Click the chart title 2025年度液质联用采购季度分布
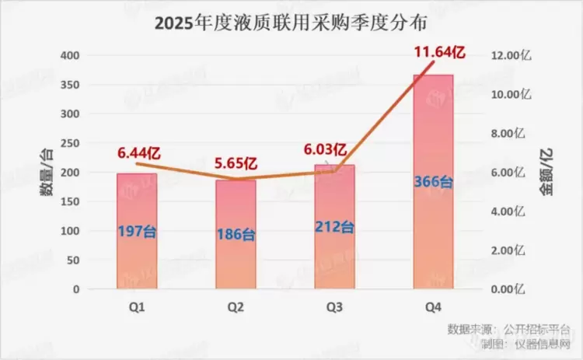coord(291,23)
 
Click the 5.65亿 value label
coord(235,165)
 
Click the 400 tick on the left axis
coord(71,56)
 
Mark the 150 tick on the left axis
coord(71,202)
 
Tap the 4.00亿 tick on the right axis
coord(516,211)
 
